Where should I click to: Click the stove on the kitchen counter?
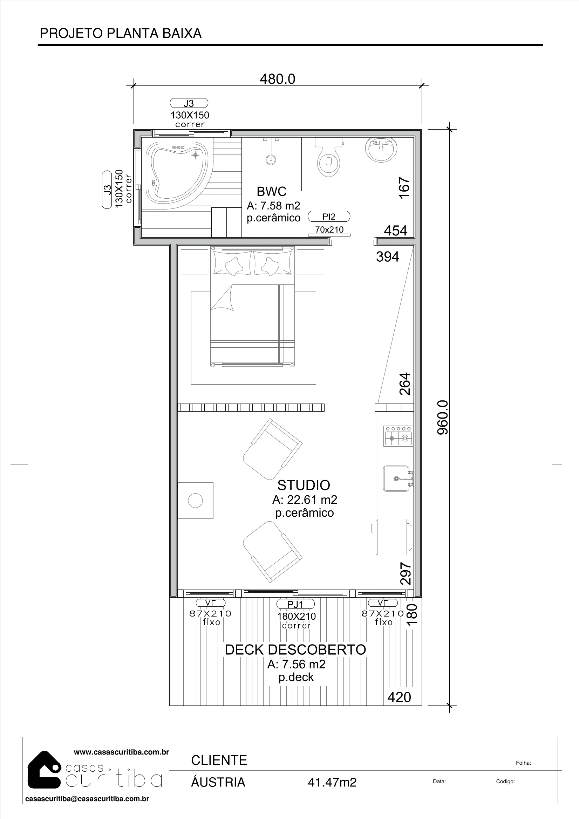(x=398, y=435)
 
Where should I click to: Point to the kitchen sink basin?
(x=396, y=479)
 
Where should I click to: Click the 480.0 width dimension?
(x=277, y=79)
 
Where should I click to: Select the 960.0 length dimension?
(x=443, y=417)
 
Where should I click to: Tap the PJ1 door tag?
(x=295, y=604)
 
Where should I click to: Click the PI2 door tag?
(x=329, y=216)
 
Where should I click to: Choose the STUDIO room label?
(x=304, y=485)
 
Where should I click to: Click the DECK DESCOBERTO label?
(x=295, y=649)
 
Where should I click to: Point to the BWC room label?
(x=271, y=192)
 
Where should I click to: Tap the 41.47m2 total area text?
(x=332, y=782)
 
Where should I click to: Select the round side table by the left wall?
(x=195, y=501)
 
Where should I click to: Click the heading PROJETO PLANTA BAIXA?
(x=121, y=33)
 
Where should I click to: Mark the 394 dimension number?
(x=388, y=256)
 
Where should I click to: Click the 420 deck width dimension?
(x=399, y=697)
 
